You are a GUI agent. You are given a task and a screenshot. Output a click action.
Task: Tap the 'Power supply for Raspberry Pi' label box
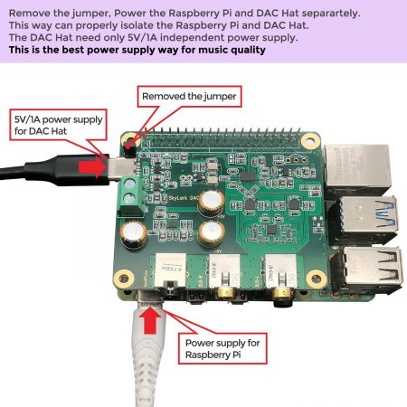223,349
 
